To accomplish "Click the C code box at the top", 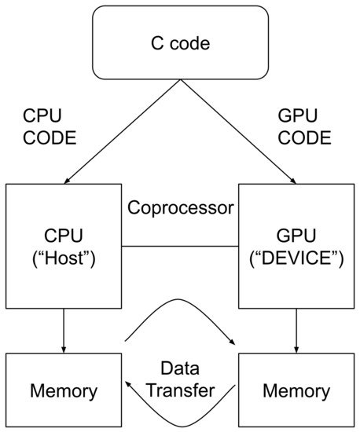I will click(x=180, y=43).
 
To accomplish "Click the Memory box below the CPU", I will click(x=64, y=390).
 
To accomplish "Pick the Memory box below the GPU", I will click(x=296, y=390).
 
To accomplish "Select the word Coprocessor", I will click(x=181, y=209).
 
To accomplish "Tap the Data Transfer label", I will click(x=181, y=379).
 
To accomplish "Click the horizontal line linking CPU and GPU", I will click(x=181, y=247).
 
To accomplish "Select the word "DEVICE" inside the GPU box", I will click(x=296, y=258).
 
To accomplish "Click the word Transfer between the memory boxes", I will click(x=181, y=390).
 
